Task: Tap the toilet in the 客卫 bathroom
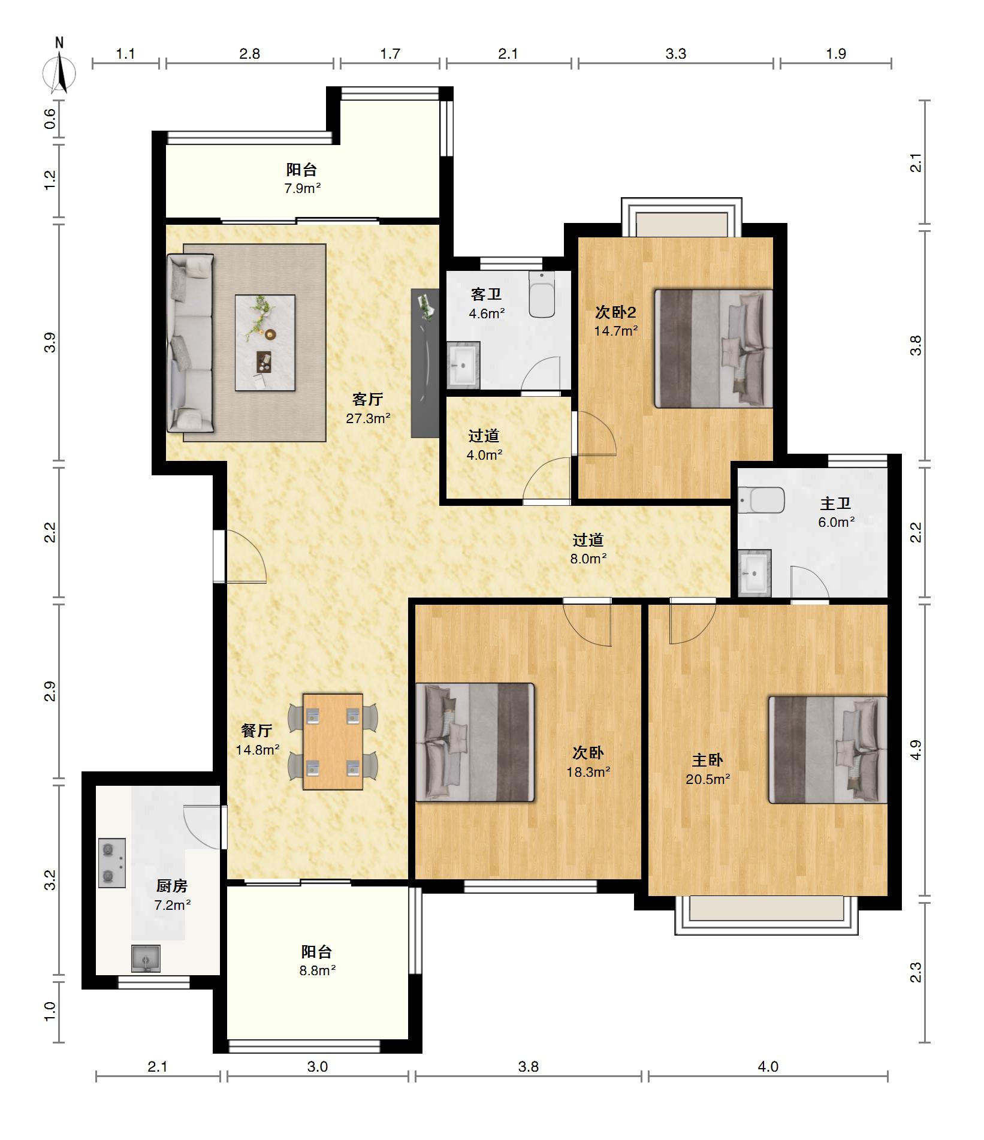pyautogui.click(x=542, y=294)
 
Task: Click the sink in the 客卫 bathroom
pyautogui.click(x=463, y=365)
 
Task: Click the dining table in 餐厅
pyautogui.click(x=333, y=741)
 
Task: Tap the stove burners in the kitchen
pyautogui.click(x=112, y=862)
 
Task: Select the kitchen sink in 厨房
pyautogui.click(x=146, y=958)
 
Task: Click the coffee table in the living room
pyautogui.click(x=265, y=342)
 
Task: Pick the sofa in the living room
pyautogui.click(x=190, y=343)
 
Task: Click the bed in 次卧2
pyautogui.click(x=713, y=349)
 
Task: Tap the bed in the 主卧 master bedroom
pyautogui.click(x=828, y=749)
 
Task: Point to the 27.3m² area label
pyautogui.click(x=369, y=418)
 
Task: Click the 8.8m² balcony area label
pyautogui.click(x=318, y=970)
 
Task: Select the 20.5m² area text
pyautogui.click(x=708, y=779)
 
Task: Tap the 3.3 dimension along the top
pyautogui.click(x=675, y=54)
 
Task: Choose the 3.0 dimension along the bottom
pyautogui.click(x=318, y=1066)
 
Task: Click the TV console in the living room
pyautogui.click(x=425, y=363)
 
